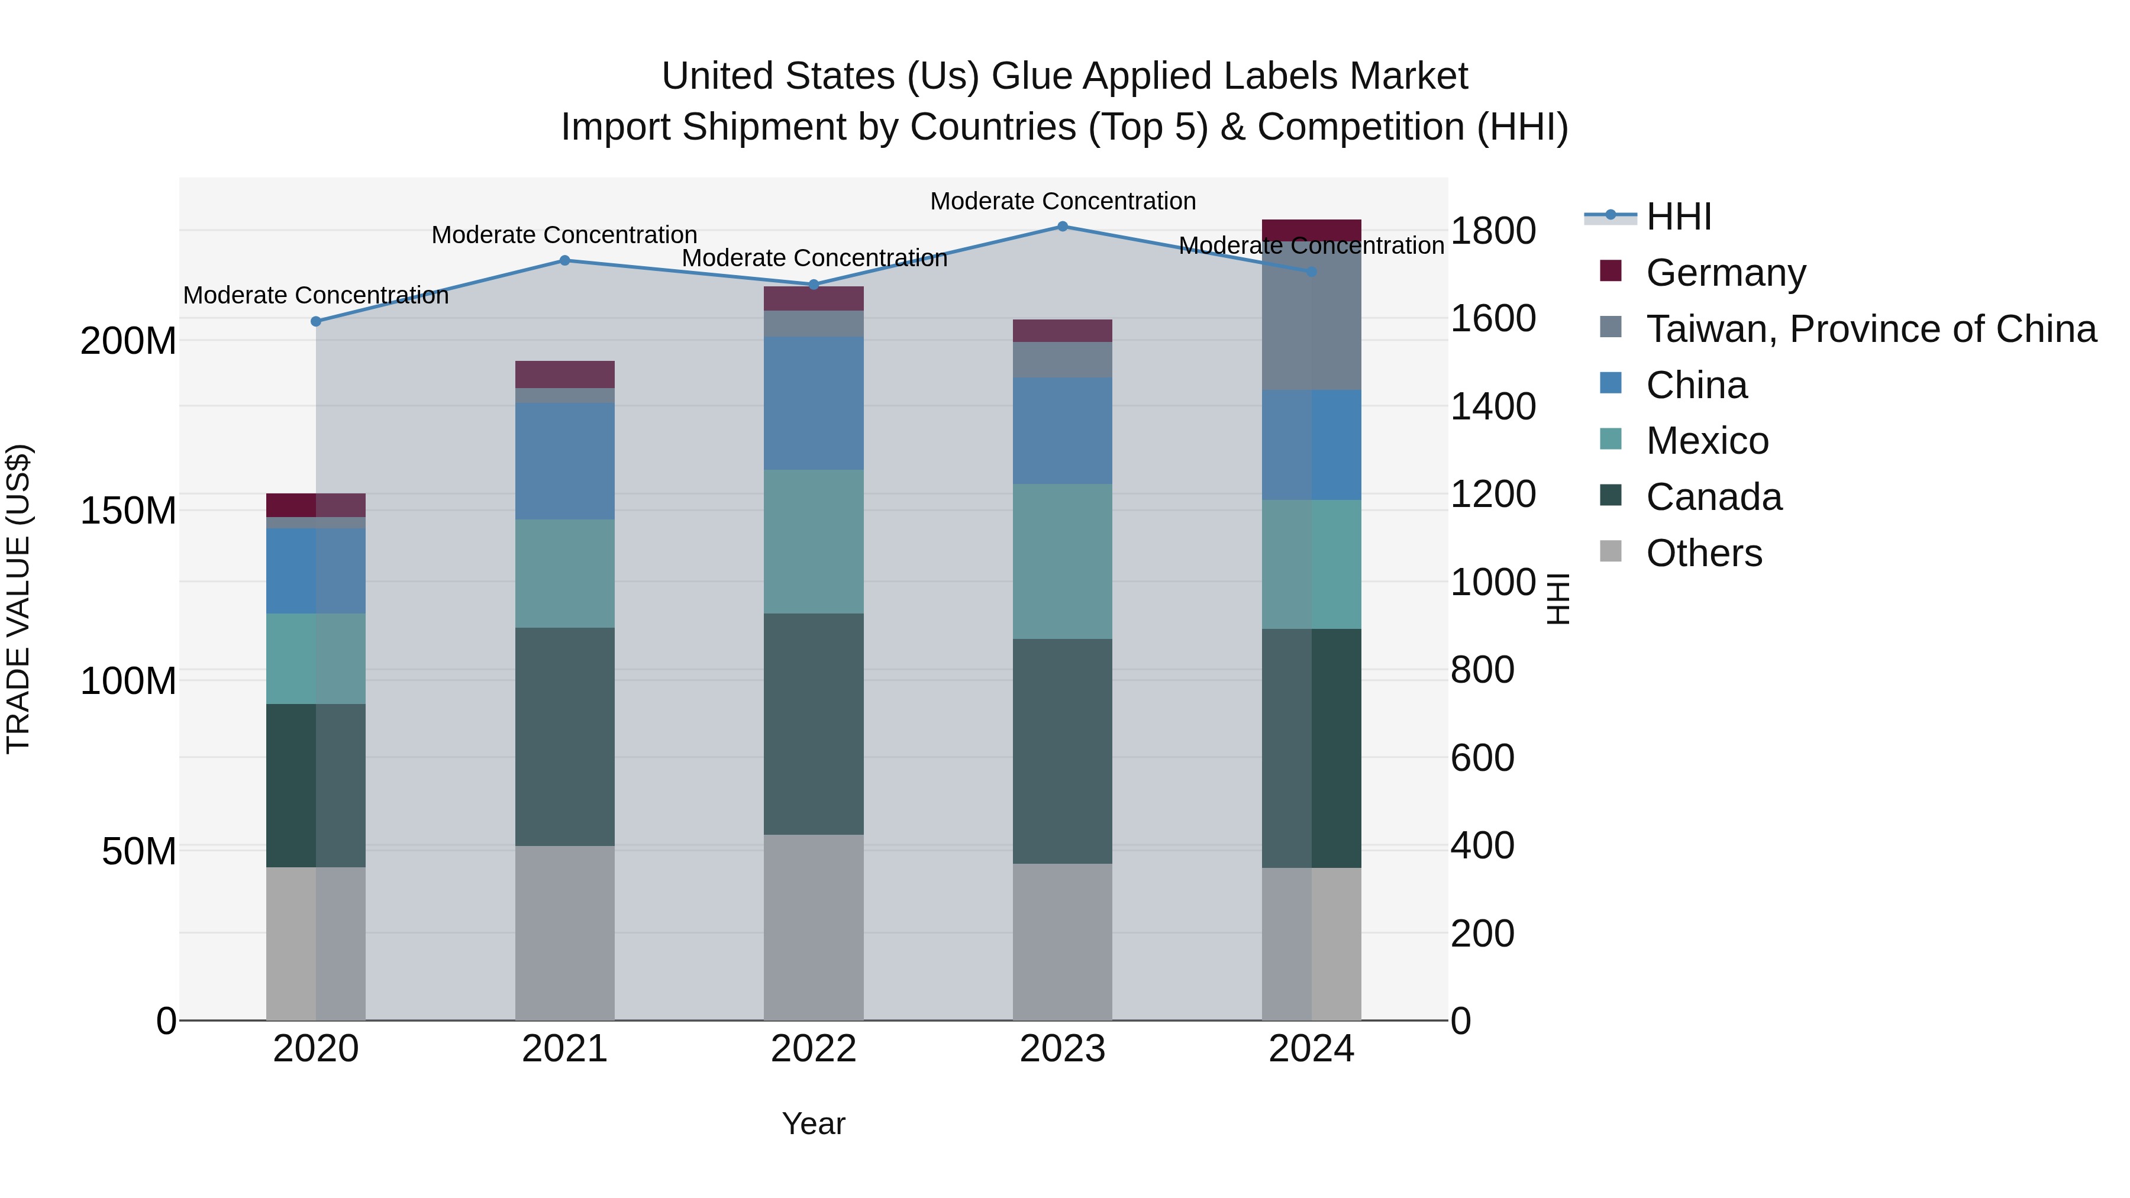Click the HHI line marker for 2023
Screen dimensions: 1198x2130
[x=1063, y=227]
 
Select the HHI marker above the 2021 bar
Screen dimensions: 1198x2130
[x=565, y=260]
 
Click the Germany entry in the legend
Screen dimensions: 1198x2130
[x=1726, y=273]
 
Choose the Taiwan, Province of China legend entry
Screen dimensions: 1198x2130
[x=1870, y=329]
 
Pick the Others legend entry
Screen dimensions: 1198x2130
[x=1703, y=553]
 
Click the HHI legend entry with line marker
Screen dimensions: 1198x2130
[x=1678, y=217]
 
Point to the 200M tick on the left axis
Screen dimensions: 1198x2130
[x=128, y=341]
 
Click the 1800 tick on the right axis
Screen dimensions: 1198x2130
[x=1493, y=231]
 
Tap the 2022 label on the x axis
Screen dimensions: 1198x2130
[x=814, y=1049]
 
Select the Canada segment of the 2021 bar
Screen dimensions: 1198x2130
[x=565, y=736]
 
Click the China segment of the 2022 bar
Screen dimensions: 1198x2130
[x=814, y=403]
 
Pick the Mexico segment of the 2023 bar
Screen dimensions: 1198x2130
[x=1063, y=561]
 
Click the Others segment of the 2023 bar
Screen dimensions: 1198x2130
[x=1063, y=942]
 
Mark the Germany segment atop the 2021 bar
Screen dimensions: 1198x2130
[x=565, y=374]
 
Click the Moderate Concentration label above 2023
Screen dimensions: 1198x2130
[x=1063, y=201]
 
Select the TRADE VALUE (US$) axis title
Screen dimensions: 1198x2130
[x=18, y=599]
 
